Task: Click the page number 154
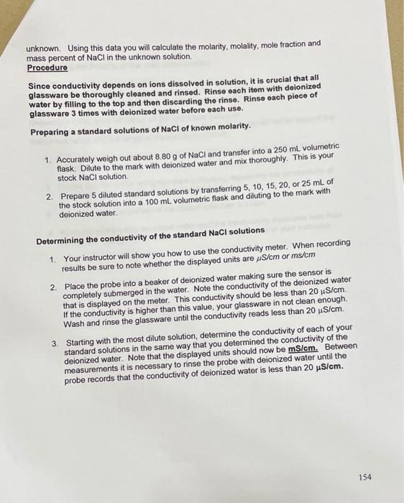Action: [364, 477]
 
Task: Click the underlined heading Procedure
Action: [47, 68]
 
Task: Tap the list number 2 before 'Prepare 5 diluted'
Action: [49, 195]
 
